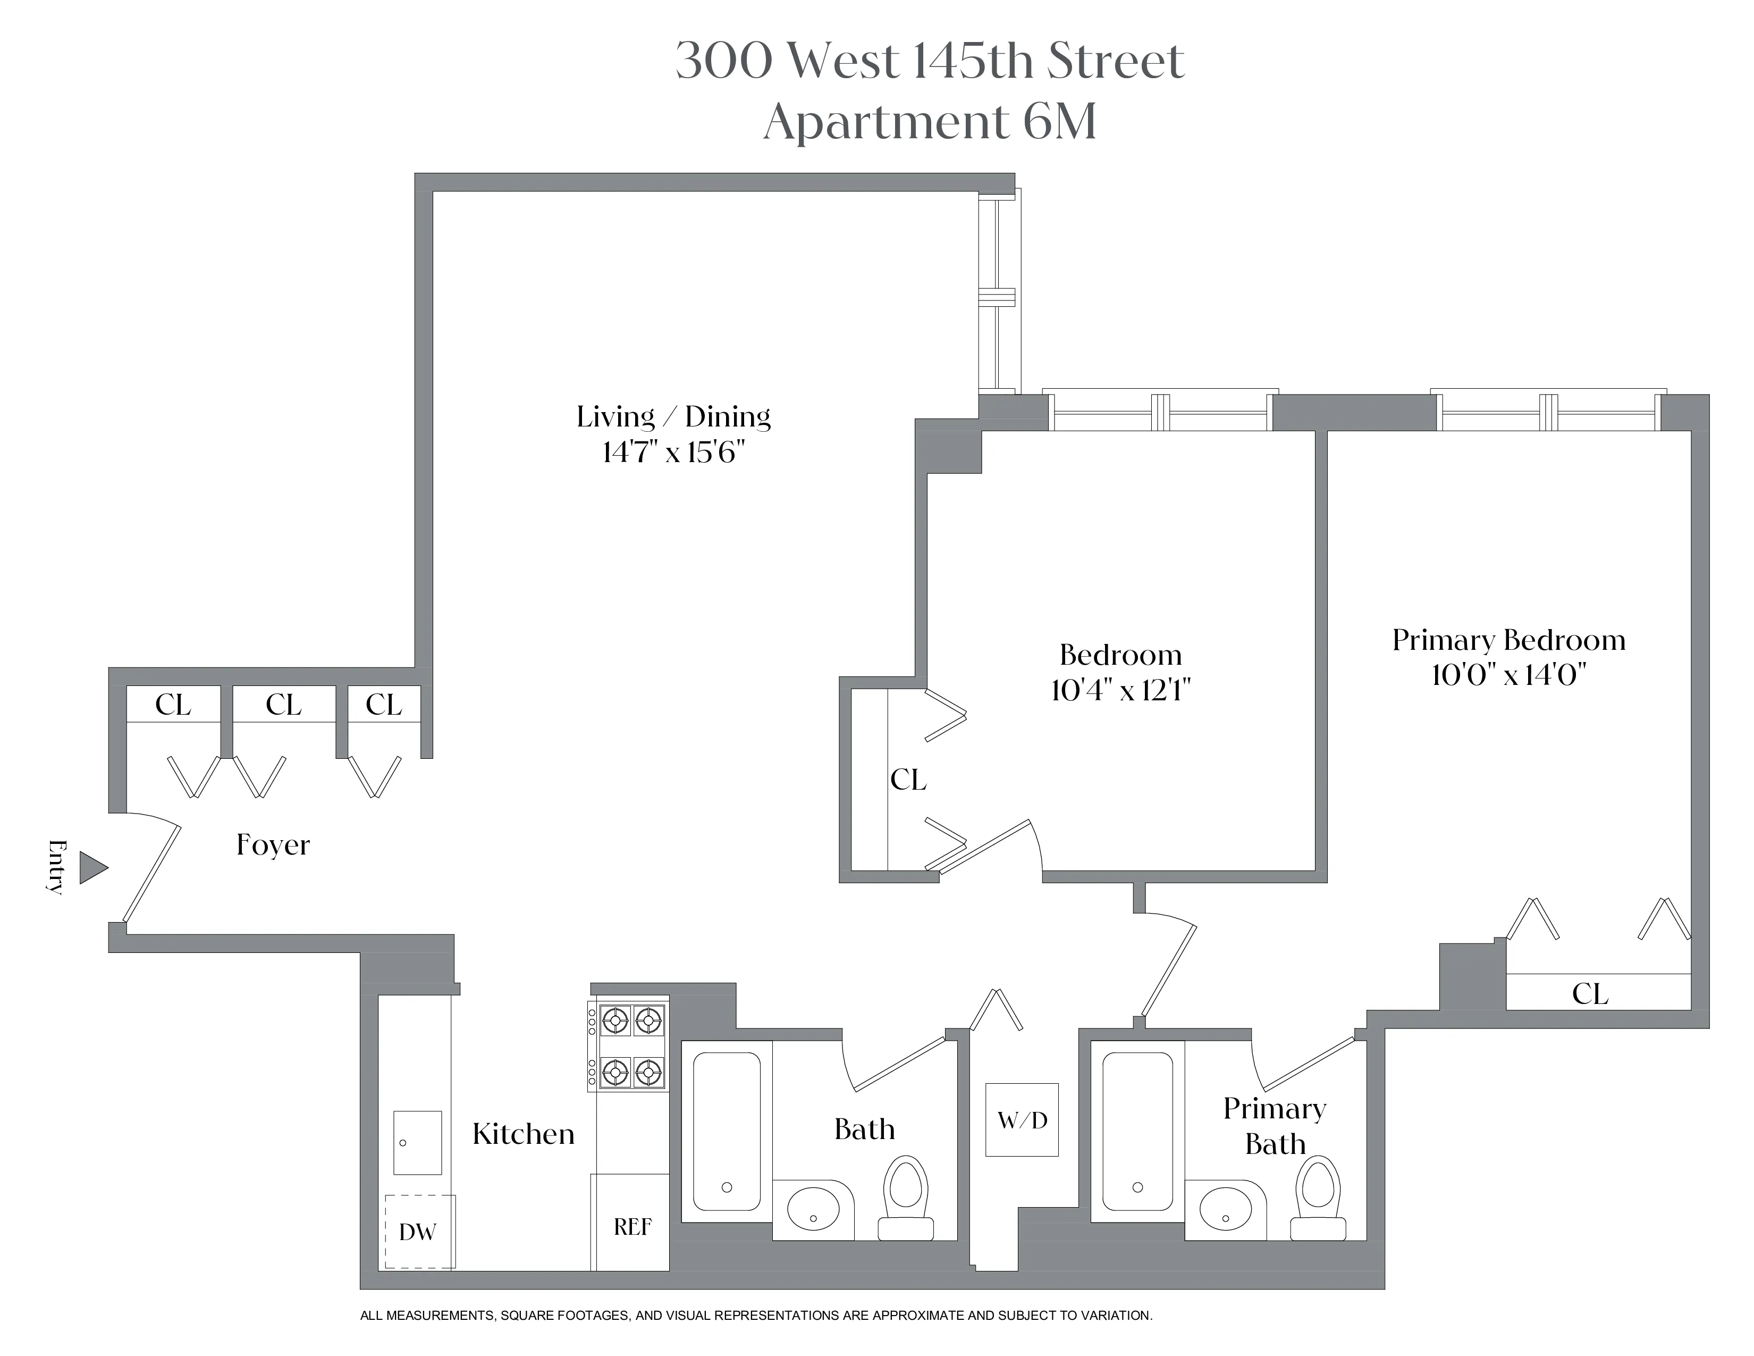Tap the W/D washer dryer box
pyautogui.click(x=1022, y=1120)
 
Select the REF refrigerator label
pyautogui.click(x=632, y=1227)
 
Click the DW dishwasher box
pyautogui.click(x=418, y=1232)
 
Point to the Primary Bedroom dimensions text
pyautogui.click(x=1508, y=675)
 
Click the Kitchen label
pyautogui.click(x=524, y=1134)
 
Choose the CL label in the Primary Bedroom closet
pyautogui.click(x=1590, y=994)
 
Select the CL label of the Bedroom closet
pyautogui.click(x=908, y=779)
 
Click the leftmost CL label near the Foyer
pyautogui.click(x=173, y=705)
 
